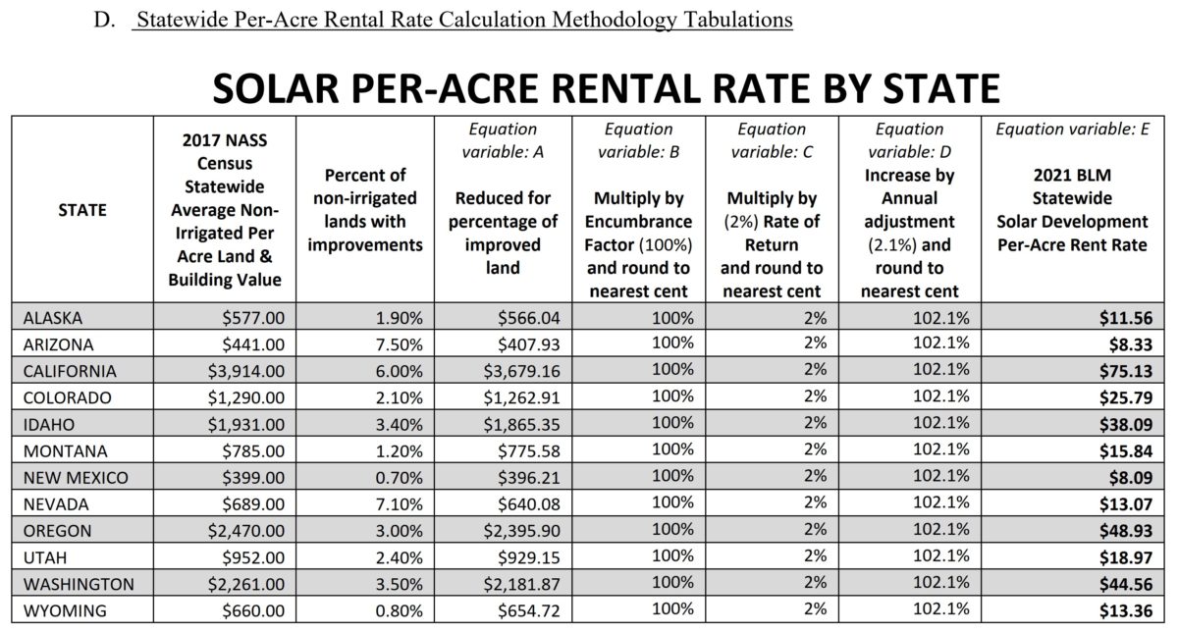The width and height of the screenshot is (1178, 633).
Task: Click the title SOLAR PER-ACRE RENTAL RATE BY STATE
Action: tap(606, 89)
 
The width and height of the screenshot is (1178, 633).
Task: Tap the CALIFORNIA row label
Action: tap(70, 371)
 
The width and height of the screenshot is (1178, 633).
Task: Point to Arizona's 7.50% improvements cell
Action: tap(399, 344)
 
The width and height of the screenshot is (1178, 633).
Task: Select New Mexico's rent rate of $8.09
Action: tap(1129, 478)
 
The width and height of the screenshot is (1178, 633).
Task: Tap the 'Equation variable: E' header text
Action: tap(1072, 129)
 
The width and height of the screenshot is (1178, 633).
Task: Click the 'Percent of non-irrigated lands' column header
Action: tap(364, 209)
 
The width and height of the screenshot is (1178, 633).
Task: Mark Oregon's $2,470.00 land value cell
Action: tap(240, 531)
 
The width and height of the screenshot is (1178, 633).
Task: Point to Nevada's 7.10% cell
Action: tap(399, 504)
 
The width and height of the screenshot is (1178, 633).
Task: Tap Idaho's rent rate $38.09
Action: tap(1125, 425)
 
